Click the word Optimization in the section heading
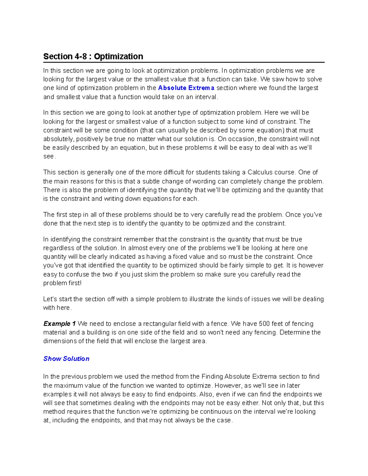[118, 56]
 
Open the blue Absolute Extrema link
[186, 88]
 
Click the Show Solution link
[66, 359]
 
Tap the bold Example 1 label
[59, 324]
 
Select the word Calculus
[262, 172]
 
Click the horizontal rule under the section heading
[184, 62]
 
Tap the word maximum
[69, 386]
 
